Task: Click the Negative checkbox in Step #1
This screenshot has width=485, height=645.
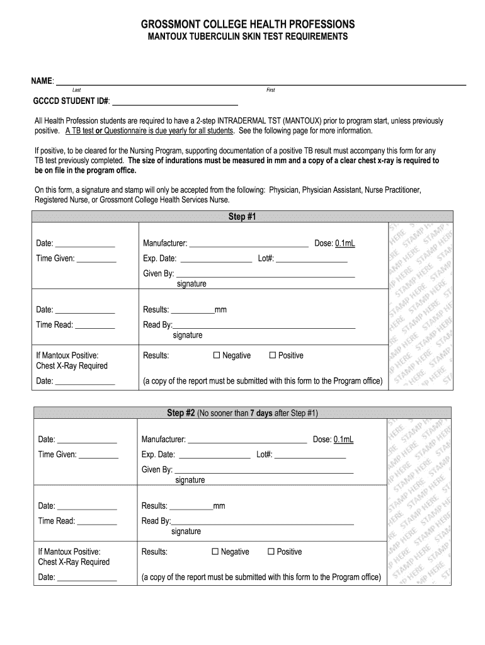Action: (x=217, y=356)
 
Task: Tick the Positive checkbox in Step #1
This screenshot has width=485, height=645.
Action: (x=273, y=356)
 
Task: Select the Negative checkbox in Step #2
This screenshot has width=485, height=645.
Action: (x=215, y=552)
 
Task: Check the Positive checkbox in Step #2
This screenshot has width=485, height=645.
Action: (x=271, y=552)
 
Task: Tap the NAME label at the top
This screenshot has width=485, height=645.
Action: (x=43, y=81)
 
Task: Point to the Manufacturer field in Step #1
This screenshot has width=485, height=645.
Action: (x=248, y=244)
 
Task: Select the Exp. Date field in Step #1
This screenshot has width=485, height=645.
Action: (x=215, y=259)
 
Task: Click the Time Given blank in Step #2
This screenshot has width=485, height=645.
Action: (x=98, y=455)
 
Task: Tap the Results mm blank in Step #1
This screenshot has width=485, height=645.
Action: (x=192, y=311)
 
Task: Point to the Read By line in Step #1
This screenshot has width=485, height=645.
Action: (x=264, y=326)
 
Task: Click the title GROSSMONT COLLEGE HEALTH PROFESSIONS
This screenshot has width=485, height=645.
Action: (x=248, y=24)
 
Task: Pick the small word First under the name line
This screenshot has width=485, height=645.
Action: (x=271, y=90)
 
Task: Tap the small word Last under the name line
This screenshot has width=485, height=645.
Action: (x=76, y=90)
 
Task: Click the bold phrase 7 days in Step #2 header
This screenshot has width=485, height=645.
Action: (x=261, y=413)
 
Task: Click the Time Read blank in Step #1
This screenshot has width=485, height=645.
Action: (x=95, y=326)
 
